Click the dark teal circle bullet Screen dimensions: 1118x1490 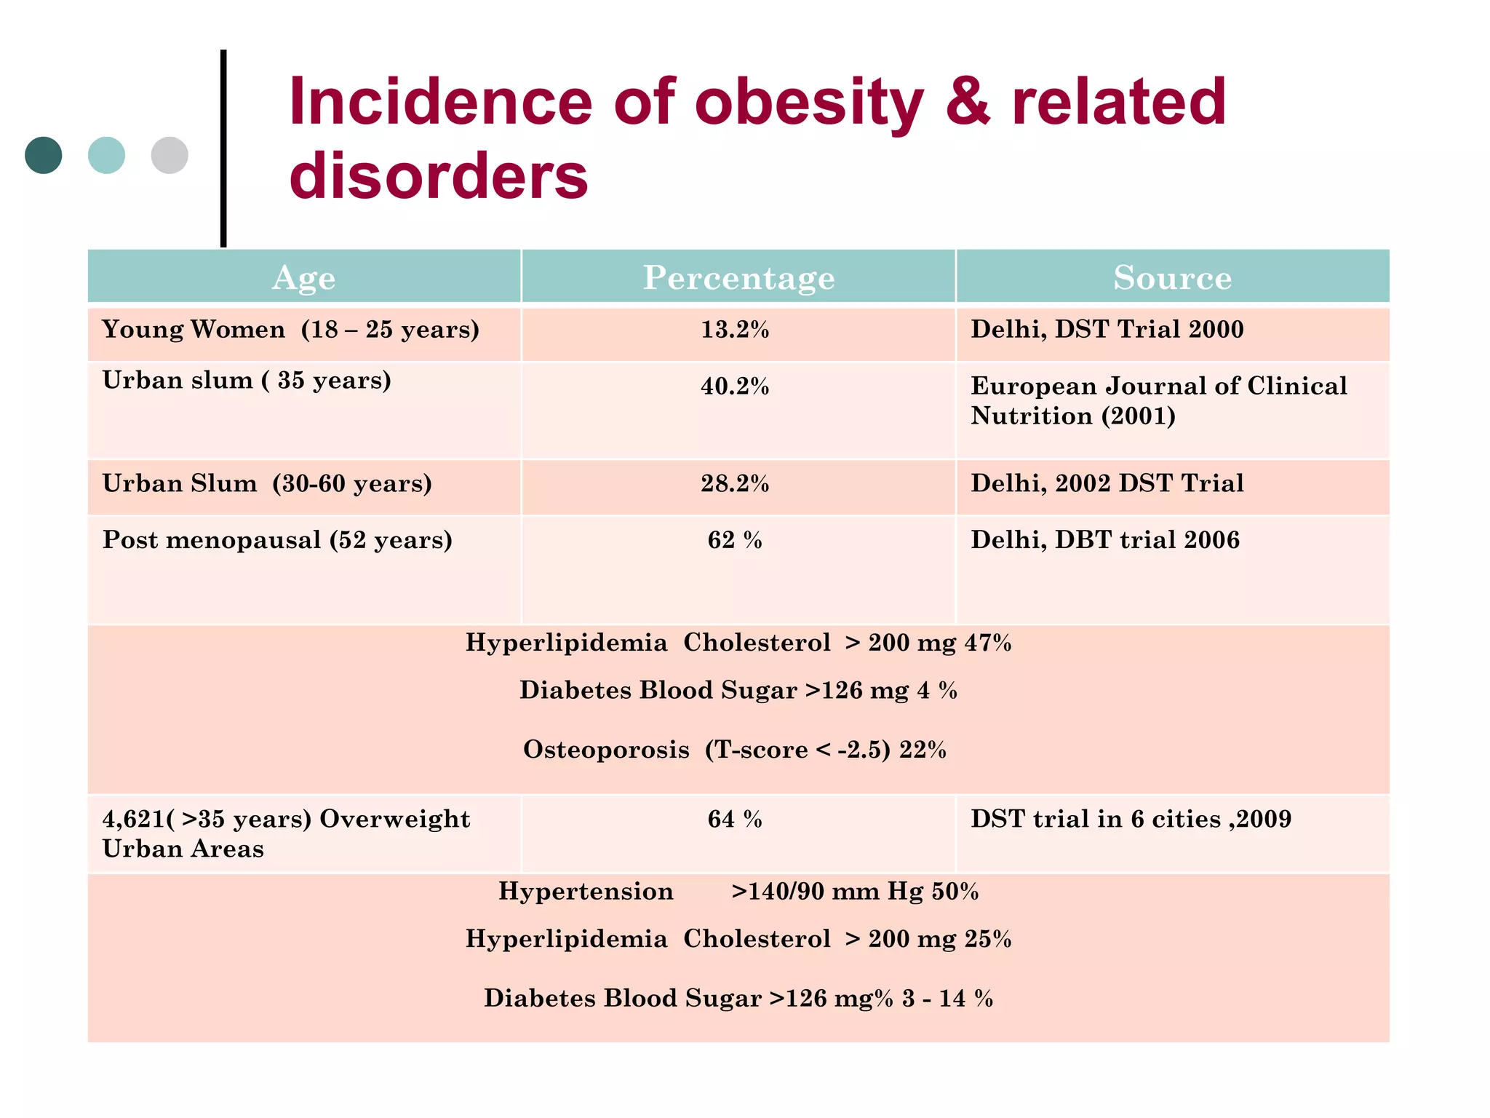click(43, 155)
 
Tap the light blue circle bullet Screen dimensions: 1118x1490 click(106, 155)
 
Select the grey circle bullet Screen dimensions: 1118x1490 click(170, 155)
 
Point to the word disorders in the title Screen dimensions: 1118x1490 click(438, 177)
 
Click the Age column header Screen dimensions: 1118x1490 click(303, 277)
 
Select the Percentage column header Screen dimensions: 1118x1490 click(738, 277)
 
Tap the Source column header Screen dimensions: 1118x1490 click(1172, 277)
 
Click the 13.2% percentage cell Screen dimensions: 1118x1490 click(735, 330)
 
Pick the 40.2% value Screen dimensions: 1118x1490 click(735, 386)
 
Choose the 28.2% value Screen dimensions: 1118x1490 click(735, 484)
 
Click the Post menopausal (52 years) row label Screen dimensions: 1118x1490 click(277, 540)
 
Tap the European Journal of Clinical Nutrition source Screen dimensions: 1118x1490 click(1158, 401)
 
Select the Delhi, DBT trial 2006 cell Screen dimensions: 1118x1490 click(1104, 540)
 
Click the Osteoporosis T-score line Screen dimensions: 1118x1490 click(735, 750)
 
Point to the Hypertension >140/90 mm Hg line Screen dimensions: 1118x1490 click(738, 892)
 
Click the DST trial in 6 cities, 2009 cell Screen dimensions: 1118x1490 click(1131, 820)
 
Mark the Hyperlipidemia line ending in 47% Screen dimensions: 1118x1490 click(738, 643)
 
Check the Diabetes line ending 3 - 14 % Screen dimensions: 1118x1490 click(738, 998)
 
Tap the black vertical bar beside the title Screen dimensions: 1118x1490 click(223, 148)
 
